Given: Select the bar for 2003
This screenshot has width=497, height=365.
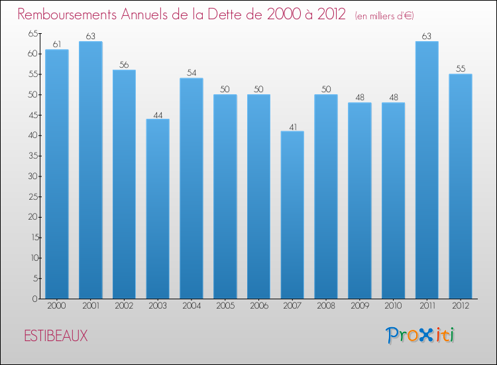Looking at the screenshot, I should coord(158,208).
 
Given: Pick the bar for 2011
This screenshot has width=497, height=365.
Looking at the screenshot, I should coord(427,170).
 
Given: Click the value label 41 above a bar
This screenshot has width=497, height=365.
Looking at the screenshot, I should coord(292,126).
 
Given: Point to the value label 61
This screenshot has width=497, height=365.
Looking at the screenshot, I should coord(56,44).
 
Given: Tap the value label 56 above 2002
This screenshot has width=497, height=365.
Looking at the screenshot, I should coord(124,65).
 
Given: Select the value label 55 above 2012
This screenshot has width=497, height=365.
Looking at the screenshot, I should coord(461,69).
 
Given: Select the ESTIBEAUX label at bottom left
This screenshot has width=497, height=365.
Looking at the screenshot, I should coord(56,336).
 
